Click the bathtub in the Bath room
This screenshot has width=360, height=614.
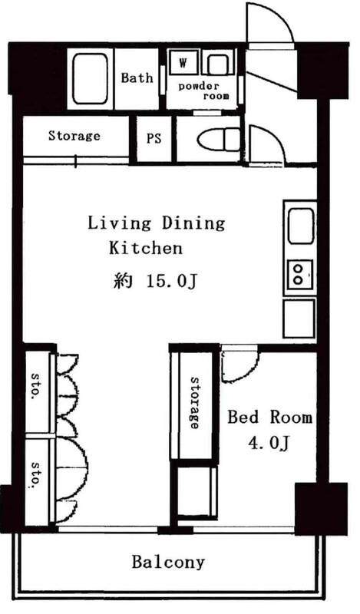tap(91, 78)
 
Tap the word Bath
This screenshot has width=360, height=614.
tap(137, 78)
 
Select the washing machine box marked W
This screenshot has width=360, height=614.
tap(183, 63)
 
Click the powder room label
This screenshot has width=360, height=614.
tap(203, 91)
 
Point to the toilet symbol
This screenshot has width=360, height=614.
tap(218, 139)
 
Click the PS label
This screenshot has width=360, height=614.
tap(154, 138)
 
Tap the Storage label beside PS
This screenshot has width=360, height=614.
tap(74, 136)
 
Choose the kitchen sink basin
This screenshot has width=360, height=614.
tap(301, 226)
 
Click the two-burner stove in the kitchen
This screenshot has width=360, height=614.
tap(300, 274)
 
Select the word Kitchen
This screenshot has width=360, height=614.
tap(146, 248)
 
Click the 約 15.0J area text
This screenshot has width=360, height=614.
tap(154, 281)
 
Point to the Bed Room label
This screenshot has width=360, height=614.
tap(270, 417)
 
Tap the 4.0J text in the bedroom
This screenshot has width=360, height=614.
tap(269, 443)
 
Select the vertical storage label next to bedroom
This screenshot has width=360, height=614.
tap(194, 403)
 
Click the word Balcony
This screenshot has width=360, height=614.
tap(168, 563)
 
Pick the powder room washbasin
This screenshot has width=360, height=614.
tap(218, 64)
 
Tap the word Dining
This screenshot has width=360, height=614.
tap(193, 223)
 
